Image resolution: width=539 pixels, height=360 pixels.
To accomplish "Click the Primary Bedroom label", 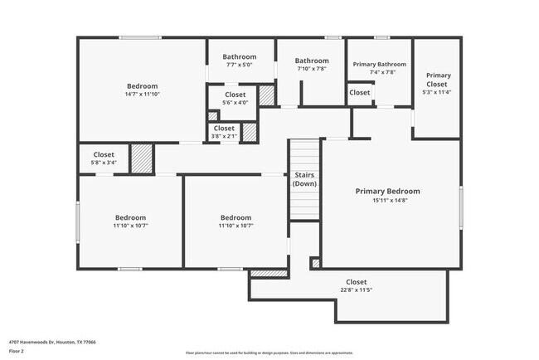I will click(387, 192).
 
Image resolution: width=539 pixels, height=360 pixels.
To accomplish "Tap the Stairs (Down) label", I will click(303, 179).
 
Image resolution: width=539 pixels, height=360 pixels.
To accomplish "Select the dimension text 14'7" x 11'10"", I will click(142, 94).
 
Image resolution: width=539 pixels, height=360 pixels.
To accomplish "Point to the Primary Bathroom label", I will click(380, 64).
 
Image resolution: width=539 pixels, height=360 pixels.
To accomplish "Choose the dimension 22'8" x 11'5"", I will click(356, 290).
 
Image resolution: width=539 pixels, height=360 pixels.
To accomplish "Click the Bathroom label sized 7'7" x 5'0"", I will click(239, 57).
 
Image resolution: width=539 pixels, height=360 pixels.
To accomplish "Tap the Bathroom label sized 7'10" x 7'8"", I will click(312, 61).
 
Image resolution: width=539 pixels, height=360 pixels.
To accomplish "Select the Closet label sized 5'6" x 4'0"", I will click(235, 95).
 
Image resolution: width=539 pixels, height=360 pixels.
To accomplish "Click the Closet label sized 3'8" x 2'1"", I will click(224, 129).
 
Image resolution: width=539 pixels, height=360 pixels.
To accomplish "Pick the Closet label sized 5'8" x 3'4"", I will click(104, 154).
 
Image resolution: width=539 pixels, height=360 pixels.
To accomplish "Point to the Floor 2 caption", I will click(17, 351).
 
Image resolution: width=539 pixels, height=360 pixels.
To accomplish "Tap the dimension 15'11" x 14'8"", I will click(387, 200).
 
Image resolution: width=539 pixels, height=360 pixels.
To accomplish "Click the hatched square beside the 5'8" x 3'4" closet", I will click(143, 158).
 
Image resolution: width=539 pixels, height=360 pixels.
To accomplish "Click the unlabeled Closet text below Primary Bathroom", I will click(359, 93).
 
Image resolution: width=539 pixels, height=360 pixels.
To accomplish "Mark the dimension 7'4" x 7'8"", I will click(380, 72).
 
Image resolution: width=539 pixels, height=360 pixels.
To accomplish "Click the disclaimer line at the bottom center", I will click(269, 353).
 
